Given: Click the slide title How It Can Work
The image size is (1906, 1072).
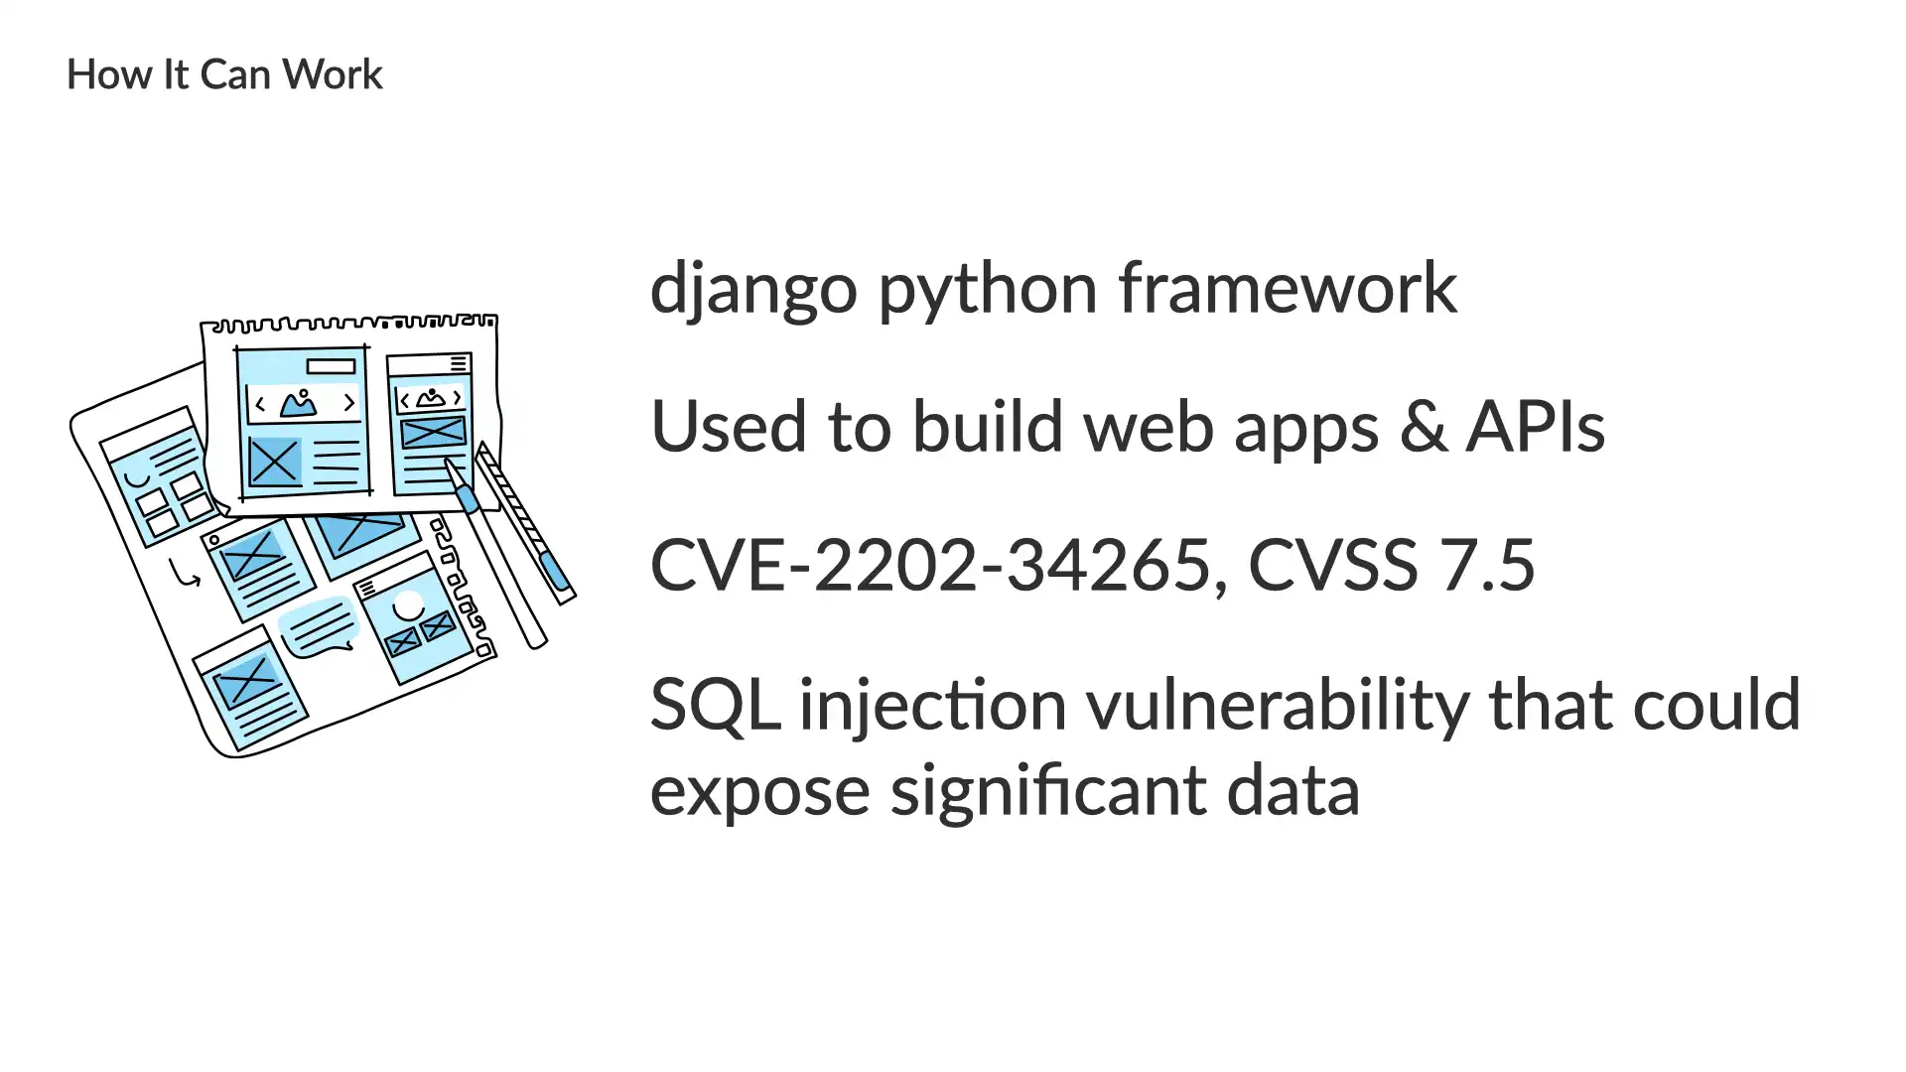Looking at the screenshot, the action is [x=224, y=74].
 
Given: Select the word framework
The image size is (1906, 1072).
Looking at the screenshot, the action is [x=1288, y=288].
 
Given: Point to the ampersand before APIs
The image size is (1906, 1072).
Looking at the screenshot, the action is [x=1424, y=428].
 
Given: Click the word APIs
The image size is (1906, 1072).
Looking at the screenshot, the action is [x=1536, y=428].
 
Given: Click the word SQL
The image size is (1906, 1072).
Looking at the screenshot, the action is [x=716, y=706].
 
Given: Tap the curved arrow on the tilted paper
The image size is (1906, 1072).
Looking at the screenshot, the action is [x=184, y=574].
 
